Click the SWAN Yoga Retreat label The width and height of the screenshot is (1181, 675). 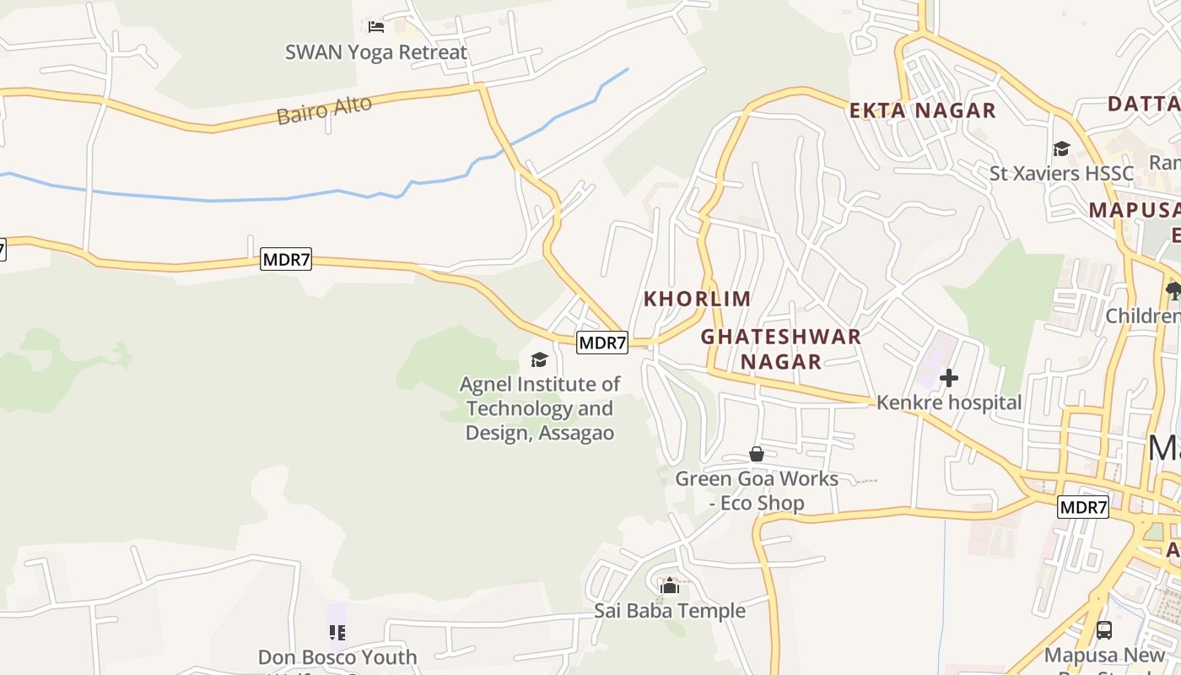click(375, 52)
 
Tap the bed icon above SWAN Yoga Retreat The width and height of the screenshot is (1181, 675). click(376, 27)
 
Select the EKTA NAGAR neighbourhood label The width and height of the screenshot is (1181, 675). click(922, 111)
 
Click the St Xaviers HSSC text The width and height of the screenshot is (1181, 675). click(1061, 174)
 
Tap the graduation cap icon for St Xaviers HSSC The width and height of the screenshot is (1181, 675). click(1061, 149)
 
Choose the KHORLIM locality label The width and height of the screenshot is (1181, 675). click(697, 299)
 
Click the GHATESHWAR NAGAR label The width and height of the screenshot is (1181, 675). click(780, 348)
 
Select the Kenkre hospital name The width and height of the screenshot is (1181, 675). click(949, 402)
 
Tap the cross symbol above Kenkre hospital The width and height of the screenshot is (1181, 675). click(949, 378)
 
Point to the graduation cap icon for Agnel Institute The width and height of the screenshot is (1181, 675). click(539, 360)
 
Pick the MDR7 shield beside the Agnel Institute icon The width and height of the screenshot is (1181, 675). click(602, 343)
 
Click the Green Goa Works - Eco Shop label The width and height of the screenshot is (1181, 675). click(757, 490)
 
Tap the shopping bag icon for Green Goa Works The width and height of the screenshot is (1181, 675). click(757, 454)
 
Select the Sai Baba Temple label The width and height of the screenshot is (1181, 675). click(670, 610)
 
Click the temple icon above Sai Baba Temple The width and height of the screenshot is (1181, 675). click(670, 586)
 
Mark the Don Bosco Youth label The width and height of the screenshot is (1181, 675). click(337, 657)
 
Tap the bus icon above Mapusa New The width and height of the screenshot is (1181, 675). click(1103, 629)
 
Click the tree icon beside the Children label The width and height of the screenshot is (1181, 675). click(1173, 291)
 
